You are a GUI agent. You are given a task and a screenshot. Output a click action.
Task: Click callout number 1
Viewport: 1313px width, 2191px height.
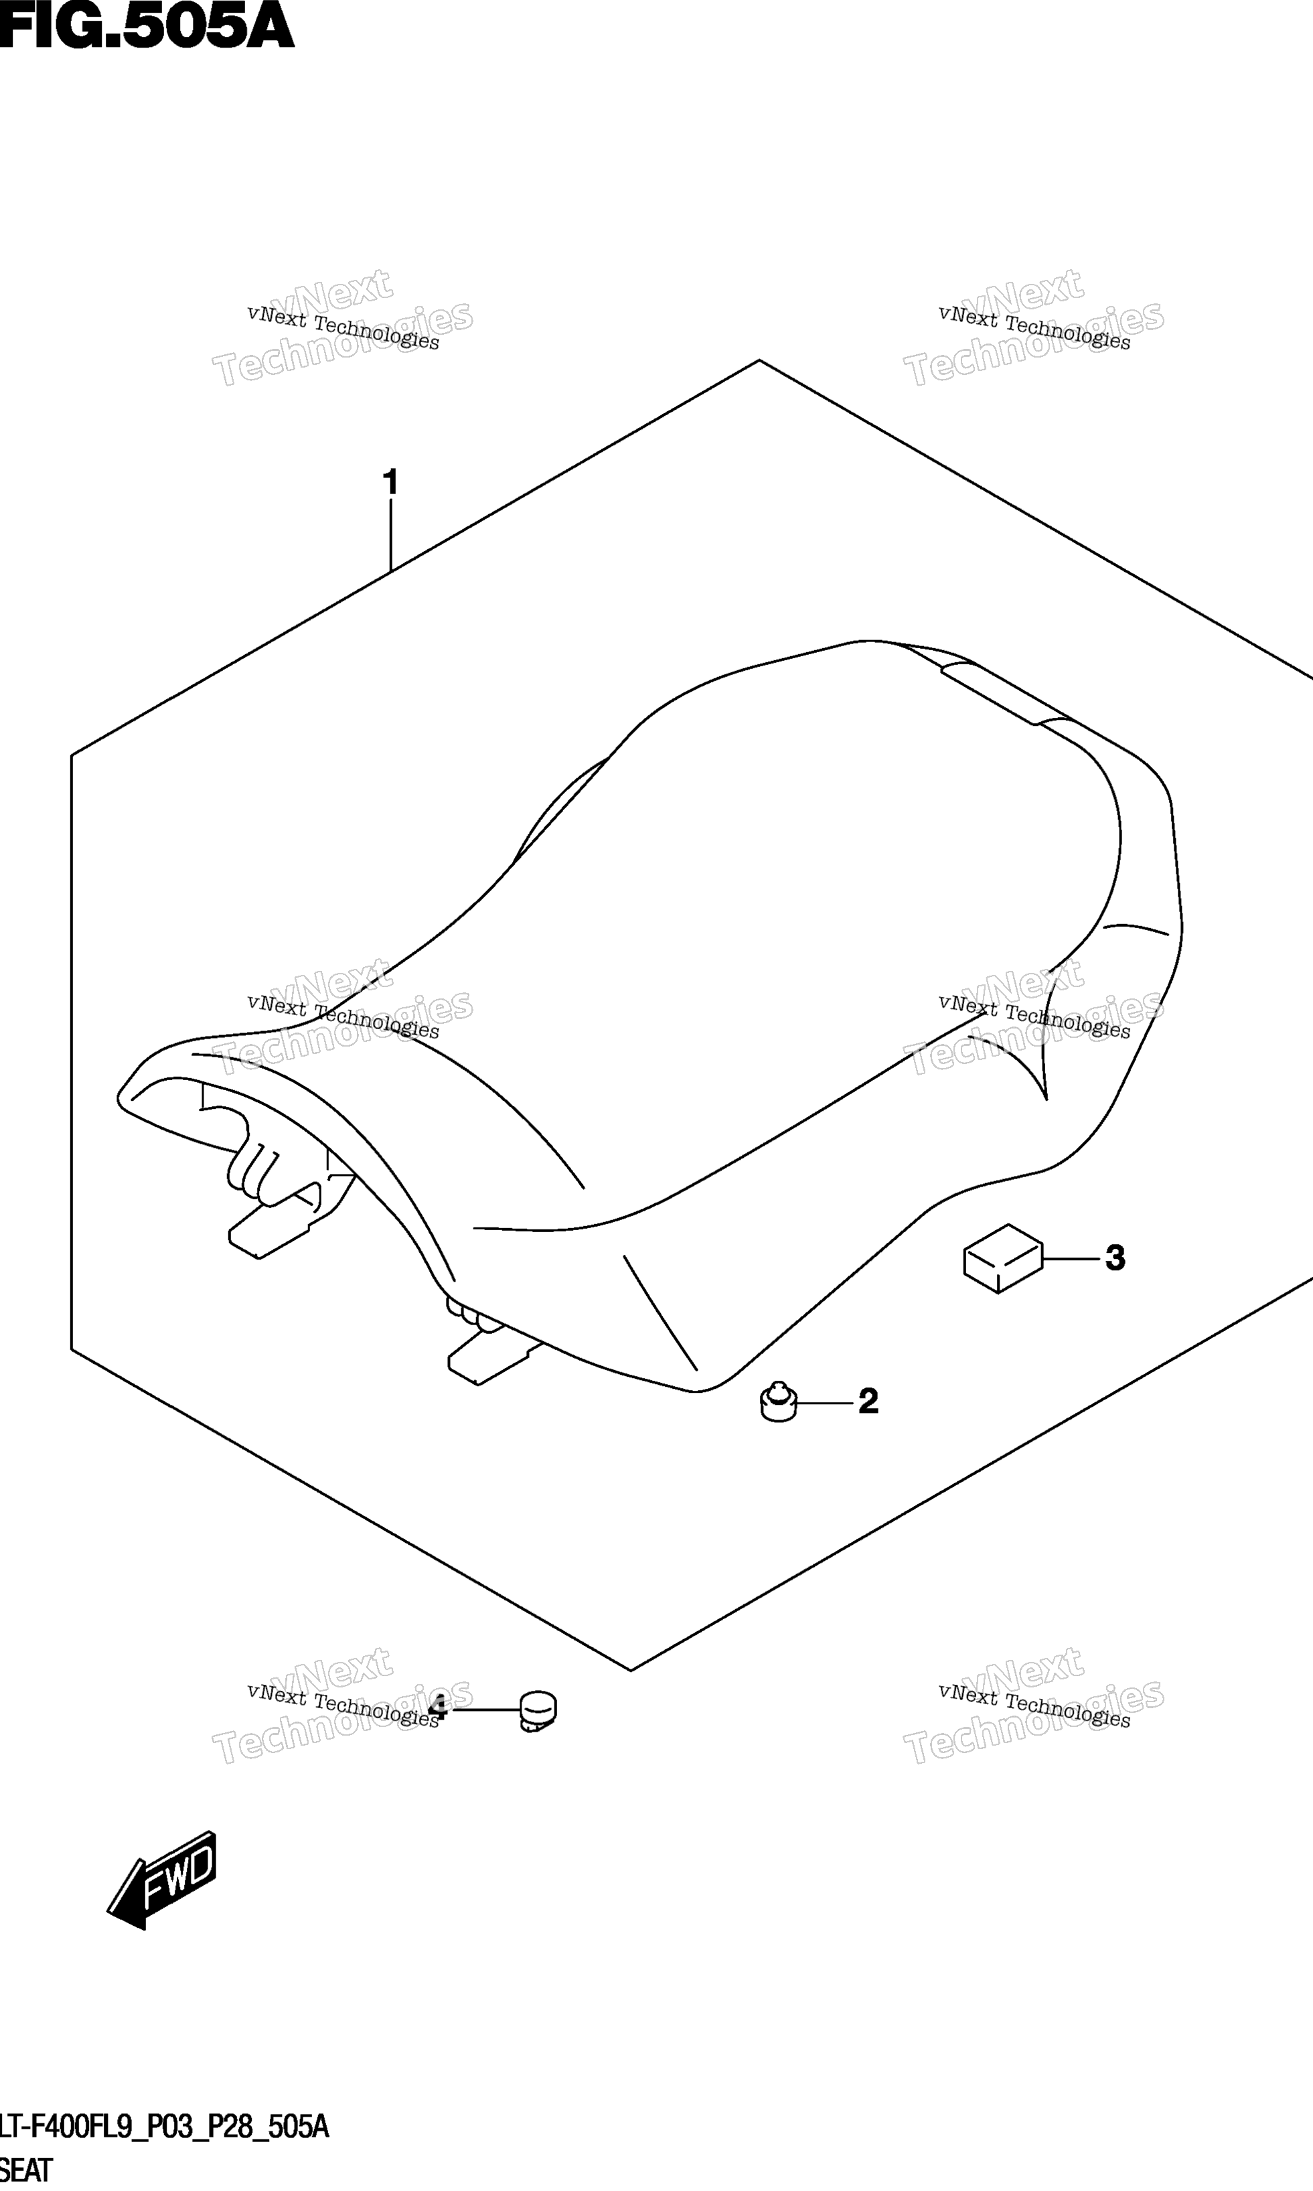click(390, 483)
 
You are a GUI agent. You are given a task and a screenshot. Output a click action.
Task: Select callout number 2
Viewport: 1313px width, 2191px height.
click(868, 1401)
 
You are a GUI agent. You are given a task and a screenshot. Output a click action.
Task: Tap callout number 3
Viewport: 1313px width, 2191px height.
click(1115, 1258)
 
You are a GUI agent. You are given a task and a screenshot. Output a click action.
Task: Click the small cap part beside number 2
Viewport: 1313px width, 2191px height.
click(779, 1401)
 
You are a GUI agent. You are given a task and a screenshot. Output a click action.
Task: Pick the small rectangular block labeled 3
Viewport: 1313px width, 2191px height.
click(1003, 1258)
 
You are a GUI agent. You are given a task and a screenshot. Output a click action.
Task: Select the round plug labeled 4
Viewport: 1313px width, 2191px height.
click(537, 1710)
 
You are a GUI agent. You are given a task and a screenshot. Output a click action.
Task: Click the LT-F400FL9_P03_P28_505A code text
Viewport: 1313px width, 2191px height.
click(165, 2127)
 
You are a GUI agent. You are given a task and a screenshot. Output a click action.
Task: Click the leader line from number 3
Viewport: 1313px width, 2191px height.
click(1073, 1258)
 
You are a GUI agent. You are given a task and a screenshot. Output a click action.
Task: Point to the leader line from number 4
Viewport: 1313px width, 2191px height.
click(485, 1710)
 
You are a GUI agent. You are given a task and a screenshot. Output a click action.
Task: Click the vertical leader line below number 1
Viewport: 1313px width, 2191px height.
click(390, 536)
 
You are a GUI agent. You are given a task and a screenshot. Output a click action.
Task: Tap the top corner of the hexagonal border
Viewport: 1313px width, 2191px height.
click(759, 360)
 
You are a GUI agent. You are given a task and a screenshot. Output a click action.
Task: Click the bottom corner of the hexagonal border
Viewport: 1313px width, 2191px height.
click(631, 1670)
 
